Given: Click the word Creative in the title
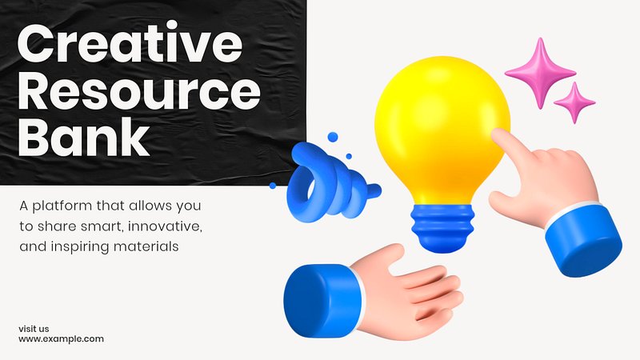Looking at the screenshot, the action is point(130,43).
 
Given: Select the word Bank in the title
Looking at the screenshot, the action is point(84,137).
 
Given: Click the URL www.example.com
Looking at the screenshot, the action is point(62,338).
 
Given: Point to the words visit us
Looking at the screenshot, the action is point(34,329).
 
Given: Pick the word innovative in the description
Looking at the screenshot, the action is point(166,226).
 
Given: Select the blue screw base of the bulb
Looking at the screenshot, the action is point(442,227).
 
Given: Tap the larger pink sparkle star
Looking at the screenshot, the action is point(541,73).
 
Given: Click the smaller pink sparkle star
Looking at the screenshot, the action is point(574,102).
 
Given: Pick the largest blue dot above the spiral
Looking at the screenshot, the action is point(333,137).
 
